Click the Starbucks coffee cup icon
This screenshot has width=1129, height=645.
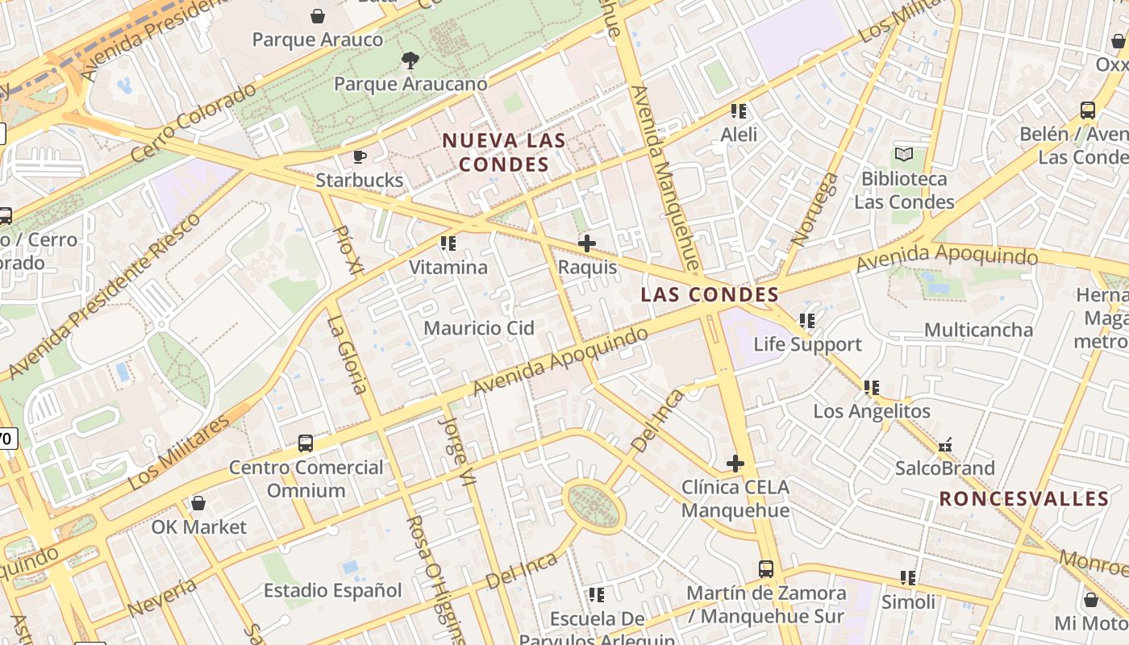click(360, 156)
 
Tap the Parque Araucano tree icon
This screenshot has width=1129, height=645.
click(410, 60)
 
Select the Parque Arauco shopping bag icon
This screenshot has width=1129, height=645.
click(318, 16)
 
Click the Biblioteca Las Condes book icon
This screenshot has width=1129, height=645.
click(904, 154)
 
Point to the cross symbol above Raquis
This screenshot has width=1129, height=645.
click(587, 243)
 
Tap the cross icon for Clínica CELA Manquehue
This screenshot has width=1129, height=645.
click(735, 463)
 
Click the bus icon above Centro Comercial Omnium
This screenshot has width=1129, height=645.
click(306, 443)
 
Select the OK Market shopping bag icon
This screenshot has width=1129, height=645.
click(198, 503)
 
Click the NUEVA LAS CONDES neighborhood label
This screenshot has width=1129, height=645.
click(504, 152)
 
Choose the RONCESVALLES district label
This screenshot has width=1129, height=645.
click(1024, 498)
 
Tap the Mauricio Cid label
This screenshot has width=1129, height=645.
click(479, 328)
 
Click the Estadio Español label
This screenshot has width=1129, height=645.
click(332, 590)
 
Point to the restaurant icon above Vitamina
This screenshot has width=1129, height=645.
click(448, 243)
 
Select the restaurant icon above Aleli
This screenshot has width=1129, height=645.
click(739, 110)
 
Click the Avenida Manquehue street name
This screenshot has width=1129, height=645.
click(663, 177)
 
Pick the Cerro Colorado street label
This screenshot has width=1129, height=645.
click(193, 123)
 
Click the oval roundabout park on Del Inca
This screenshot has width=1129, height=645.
click(594, 506)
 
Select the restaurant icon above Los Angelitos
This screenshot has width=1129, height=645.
click(872, 387)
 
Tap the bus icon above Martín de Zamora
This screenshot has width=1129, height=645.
click(766, 569)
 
